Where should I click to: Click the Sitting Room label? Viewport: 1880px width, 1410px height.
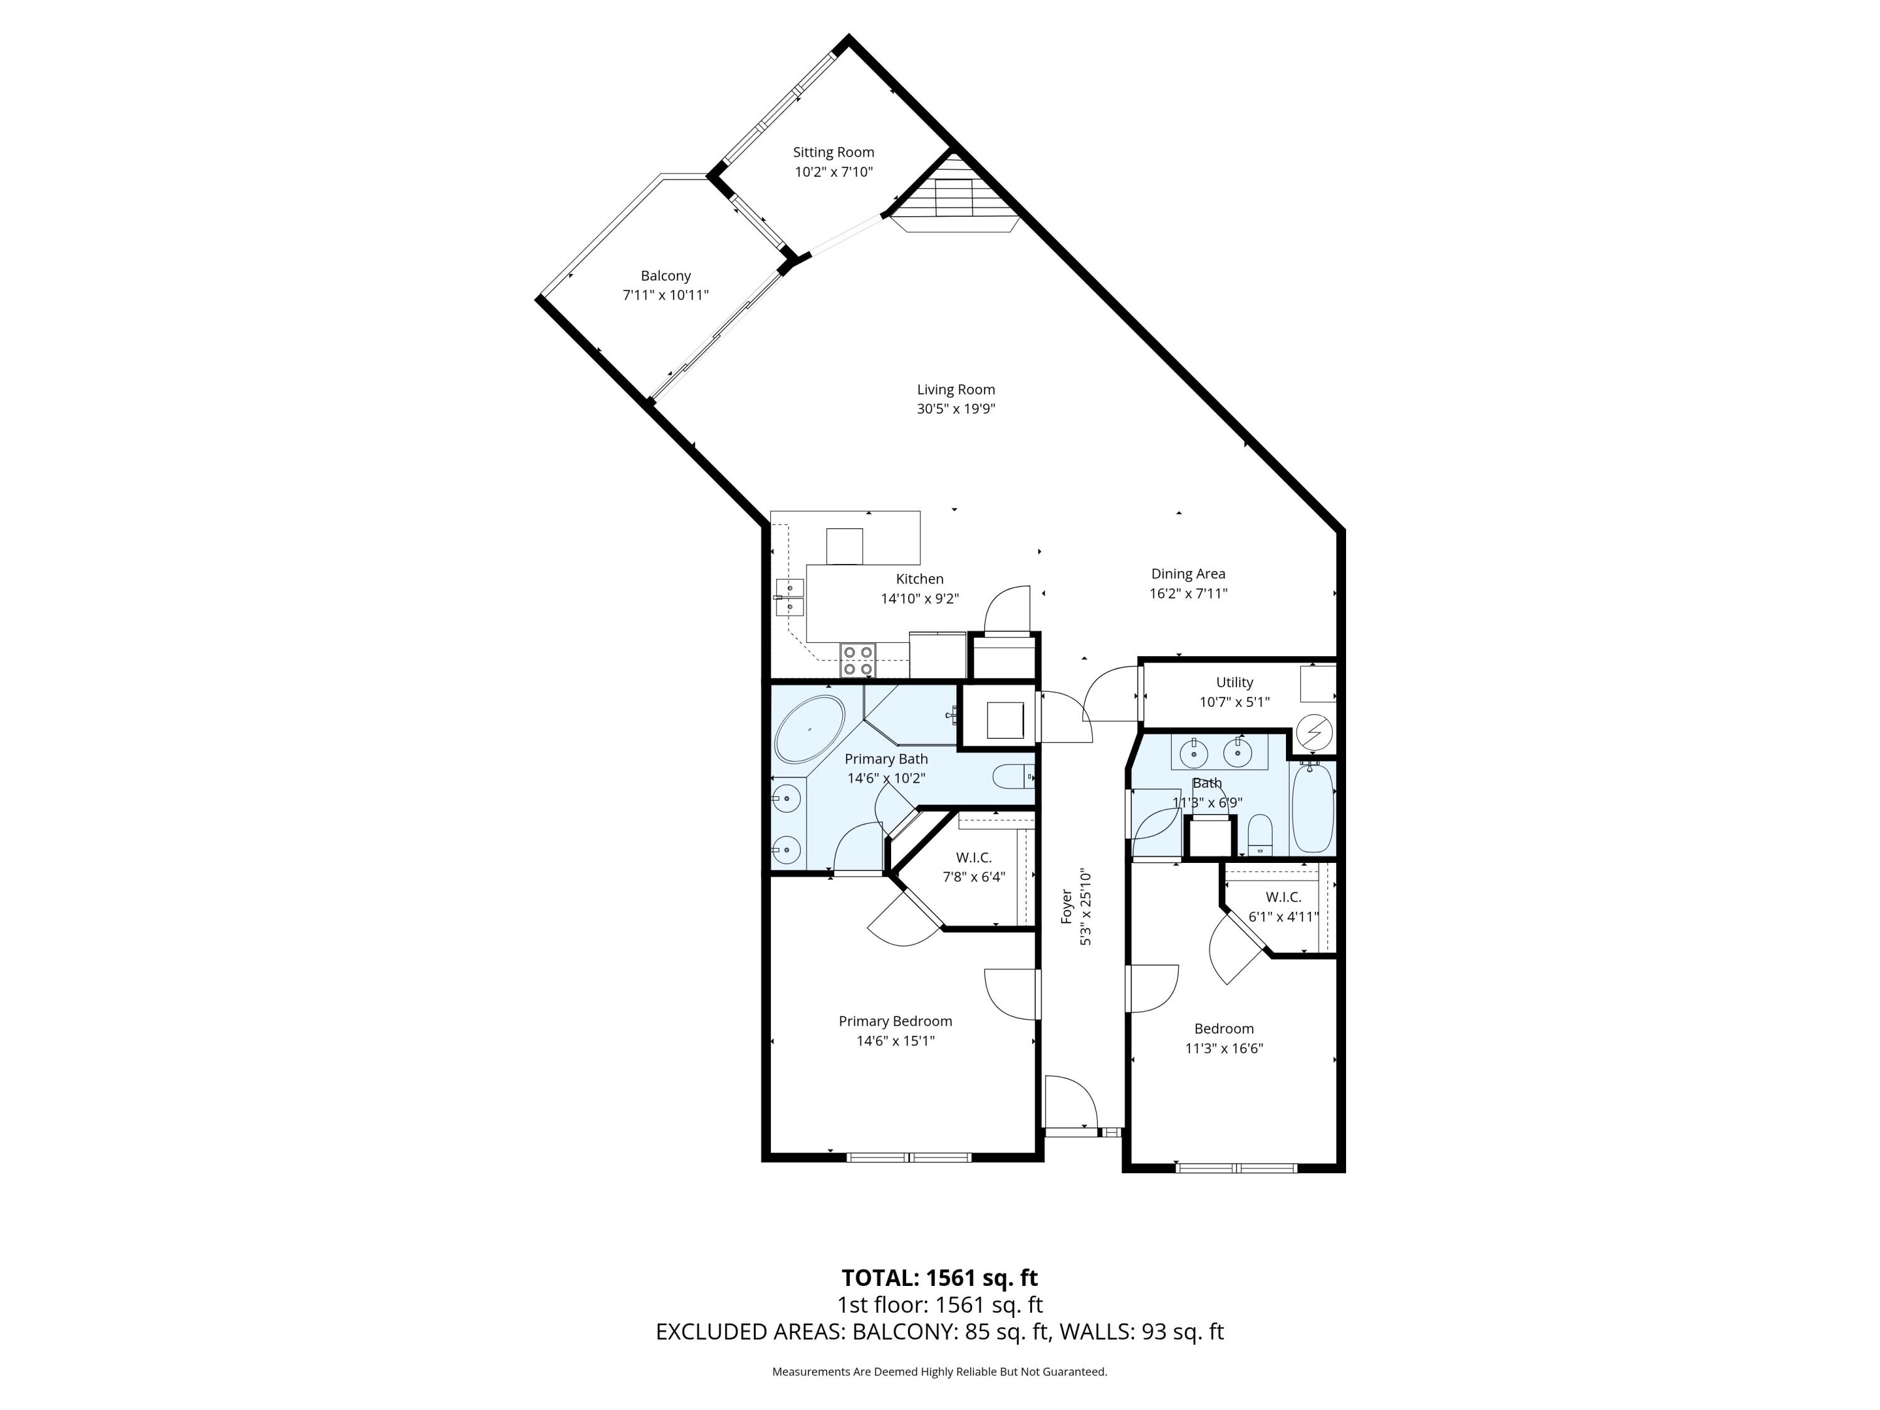833,152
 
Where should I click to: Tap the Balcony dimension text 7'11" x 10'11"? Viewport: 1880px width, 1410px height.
665,295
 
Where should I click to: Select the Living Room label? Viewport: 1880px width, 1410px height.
955,389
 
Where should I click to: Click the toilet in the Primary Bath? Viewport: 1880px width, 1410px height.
1011,776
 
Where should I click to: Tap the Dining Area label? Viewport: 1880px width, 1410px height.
1188,573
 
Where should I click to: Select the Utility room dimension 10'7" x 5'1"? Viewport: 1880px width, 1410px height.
1234,702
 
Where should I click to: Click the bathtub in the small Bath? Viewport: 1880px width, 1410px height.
1312,807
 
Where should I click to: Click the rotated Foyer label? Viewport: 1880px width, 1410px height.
1067,907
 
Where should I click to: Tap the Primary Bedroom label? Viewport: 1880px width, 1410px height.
895,1021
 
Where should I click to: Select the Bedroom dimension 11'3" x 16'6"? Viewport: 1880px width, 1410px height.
1224,1048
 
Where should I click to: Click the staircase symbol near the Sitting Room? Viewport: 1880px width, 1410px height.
954,199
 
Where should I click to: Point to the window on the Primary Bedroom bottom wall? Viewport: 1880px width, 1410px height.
909,1157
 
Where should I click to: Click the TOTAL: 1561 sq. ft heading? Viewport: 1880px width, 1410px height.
939,1277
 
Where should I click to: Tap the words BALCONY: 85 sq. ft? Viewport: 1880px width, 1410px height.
950,1332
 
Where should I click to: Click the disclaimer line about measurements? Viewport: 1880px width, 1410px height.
939,1371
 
